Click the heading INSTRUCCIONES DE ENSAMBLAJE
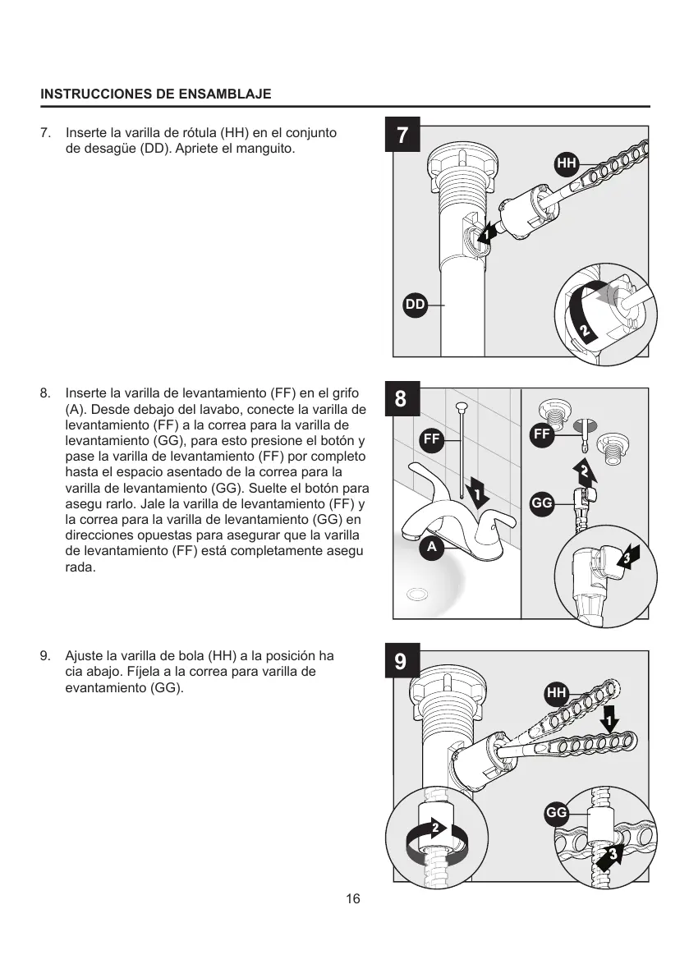pos(156,94)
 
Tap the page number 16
pos(353,898)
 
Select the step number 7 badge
pos(402,135)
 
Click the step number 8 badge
pos(401,399)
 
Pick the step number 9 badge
pos(401,662)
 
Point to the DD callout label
pos(415,305)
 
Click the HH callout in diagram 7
pos(567,163)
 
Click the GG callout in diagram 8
pos(541,503)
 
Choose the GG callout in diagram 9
pos(557,813)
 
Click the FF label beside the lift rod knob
pos(432,440)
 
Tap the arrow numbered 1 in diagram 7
pos(487,233)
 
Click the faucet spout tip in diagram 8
pos(408,535)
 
